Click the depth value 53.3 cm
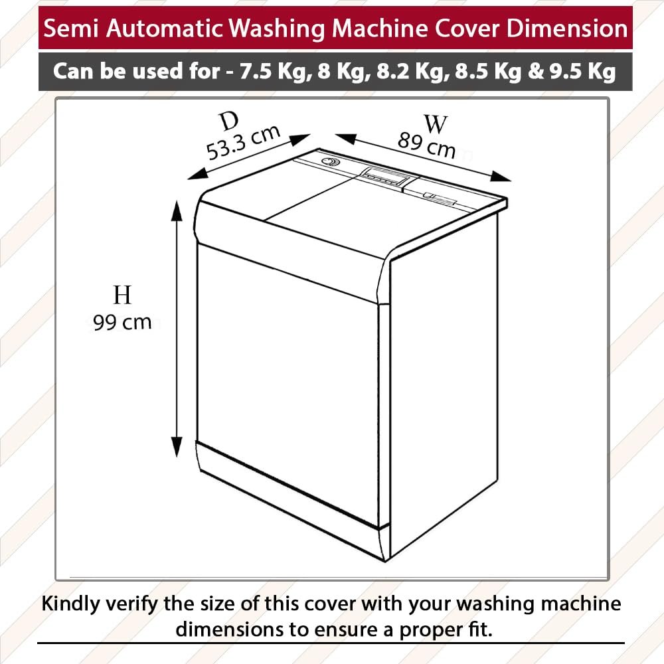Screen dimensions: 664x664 [244, 142]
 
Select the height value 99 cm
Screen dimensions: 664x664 [122, 322]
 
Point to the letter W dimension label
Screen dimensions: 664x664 [436, 124]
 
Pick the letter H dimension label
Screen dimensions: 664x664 [122, 295]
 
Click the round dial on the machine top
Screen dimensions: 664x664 [329, 161]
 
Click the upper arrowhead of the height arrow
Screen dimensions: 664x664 [177, 210]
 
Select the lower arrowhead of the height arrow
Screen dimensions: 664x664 [177, 446]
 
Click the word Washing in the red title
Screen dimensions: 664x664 [277, 29]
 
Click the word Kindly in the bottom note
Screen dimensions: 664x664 [71, 604]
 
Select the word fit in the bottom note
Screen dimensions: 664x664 [482, 629]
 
